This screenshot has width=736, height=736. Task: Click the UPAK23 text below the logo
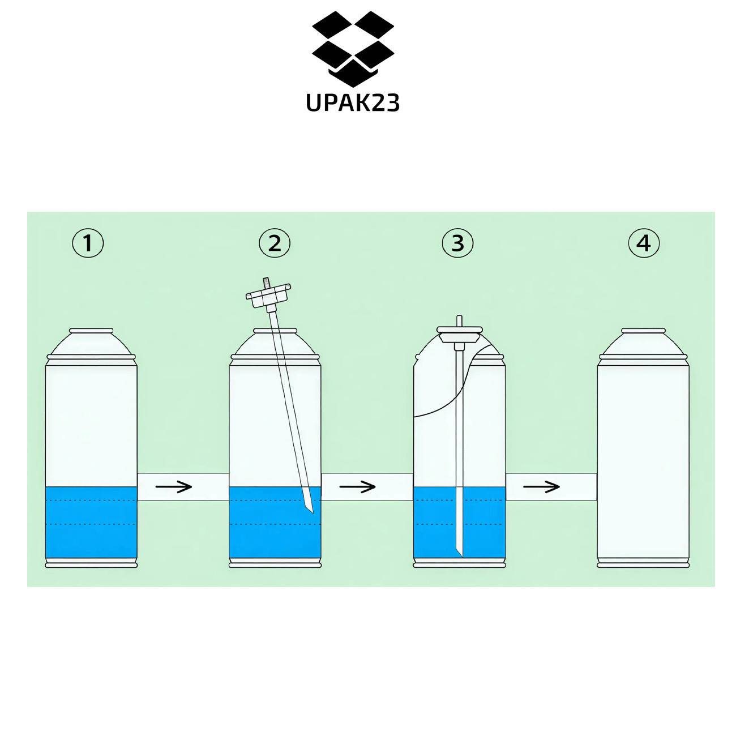pos(353,102)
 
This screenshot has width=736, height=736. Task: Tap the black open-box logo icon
pos(353,49)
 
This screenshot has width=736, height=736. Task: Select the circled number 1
pos(88,243)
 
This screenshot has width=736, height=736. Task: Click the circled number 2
pos(275,243)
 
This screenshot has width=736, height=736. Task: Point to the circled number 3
pos(457,243)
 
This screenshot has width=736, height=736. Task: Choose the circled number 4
pos(644,243)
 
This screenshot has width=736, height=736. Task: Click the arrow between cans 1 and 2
pos(173,486)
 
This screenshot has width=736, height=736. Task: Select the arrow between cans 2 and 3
pos(357,486)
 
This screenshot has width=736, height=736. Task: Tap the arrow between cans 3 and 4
pos(541,486)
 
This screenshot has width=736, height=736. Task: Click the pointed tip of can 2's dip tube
pos(313,514)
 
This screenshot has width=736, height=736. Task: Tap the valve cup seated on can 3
pos(460,333)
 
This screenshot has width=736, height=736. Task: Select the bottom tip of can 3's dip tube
pos(462,556)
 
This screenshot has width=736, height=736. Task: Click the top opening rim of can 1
pos(91,331)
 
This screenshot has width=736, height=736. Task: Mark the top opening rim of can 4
pos(644,331)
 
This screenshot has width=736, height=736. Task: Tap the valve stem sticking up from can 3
pos(460,321)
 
